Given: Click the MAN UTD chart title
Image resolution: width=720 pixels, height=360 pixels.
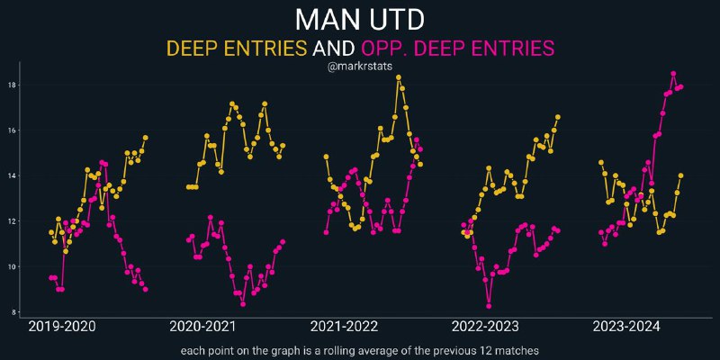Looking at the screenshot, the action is tap(360, 19).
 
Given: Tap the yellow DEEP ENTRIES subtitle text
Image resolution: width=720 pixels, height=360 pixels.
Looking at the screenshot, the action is tap(237, 48).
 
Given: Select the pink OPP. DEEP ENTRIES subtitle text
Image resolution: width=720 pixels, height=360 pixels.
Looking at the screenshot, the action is tap(458, 48).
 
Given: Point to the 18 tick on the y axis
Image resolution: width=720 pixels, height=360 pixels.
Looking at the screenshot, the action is tap(12, 85).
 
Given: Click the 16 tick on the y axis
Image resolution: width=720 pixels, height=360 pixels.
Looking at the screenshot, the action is tap(12, 130).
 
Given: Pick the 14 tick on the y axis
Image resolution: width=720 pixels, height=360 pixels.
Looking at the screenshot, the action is tap(12, 175).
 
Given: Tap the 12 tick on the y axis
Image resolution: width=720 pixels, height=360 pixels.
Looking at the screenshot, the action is tap(12, 221).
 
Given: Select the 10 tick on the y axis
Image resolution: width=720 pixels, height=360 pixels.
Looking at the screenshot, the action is tap(12, 266).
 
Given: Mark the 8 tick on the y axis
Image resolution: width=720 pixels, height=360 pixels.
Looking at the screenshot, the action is tap(13, 312).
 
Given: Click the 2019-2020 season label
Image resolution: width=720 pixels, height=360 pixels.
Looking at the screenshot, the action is tap(62, 328).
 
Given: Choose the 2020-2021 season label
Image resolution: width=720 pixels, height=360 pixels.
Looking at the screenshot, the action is tap(203, 328).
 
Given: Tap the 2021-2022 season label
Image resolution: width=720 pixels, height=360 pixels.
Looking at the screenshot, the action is tap(344, 328).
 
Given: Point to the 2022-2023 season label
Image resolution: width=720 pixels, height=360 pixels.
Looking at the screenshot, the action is tap(485, 328).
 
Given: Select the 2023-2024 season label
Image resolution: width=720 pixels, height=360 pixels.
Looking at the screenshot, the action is tap(626, 328).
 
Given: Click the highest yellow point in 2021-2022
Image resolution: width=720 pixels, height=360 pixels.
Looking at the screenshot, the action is tap(399, 77).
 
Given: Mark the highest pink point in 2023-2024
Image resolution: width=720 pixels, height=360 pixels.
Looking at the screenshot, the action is tap(673, 74).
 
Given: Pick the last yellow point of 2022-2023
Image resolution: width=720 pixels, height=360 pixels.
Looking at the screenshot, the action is tap(558, 117).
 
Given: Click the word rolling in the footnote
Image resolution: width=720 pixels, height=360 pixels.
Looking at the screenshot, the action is tap(364, 351).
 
